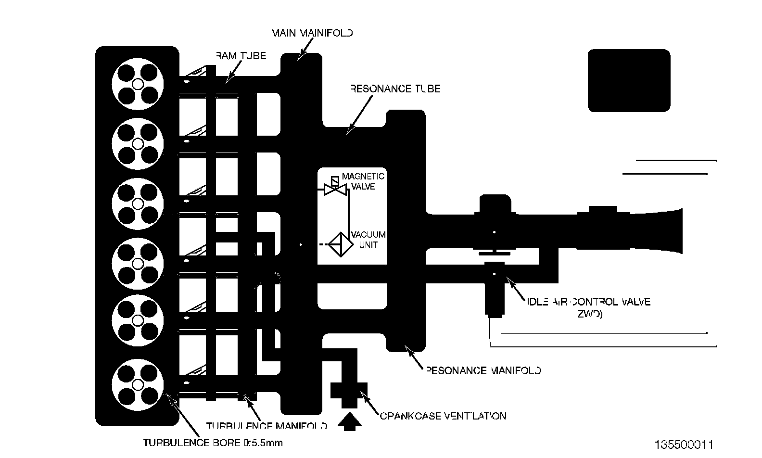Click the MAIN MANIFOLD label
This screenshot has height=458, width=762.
coord(313,33)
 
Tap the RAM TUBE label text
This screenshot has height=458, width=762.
coord(241,56)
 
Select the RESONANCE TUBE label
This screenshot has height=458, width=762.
coord(395,89)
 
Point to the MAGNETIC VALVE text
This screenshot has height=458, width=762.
coord(363,181)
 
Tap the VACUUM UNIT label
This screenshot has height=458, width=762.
coord(368,240)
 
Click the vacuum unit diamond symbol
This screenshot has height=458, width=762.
coord(340,245)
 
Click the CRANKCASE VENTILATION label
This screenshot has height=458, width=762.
coord(443,416)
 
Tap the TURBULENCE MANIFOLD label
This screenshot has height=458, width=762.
coord(267,426)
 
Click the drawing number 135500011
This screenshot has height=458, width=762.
coord(683,444)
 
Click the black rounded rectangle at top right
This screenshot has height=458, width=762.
coord(629,80)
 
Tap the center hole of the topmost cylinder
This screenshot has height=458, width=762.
coord(138,85)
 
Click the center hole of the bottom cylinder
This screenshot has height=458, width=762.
coord(138,384)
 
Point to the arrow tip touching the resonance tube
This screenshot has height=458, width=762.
coord(348,131)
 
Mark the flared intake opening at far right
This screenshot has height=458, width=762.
coord(673,231)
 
